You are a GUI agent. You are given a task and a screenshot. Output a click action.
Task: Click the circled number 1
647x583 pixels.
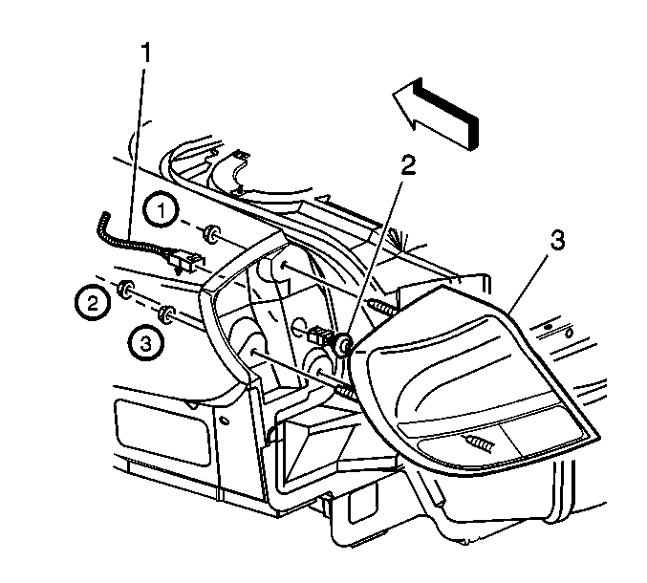point(162,210)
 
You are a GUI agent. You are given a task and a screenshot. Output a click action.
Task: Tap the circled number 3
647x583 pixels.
point(145,342)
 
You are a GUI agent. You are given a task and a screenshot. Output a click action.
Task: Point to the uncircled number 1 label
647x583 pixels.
point(145,53)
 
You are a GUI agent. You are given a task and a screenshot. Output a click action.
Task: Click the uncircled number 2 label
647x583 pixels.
point(408,166)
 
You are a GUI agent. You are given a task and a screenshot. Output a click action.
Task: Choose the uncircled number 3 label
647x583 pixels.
point(557,240)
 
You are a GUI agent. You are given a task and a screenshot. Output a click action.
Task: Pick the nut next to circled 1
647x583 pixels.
point(211,233)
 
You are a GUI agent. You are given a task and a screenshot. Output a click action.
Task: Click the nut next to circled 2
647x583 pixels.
point(125,290)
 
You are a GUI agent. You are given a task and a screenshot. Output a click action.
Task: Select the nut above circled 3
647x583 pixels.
point(167,314)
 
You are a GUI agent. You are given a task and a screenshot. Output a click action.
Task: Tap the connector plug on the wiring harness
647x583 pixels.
point(184,262)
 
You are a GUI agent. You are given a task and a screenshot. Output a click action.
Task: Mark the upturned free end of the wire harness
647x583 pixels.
point(105,218)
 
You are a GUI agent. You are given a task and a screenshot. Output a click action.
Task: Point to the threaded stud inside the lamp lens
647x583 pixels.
point(478,442)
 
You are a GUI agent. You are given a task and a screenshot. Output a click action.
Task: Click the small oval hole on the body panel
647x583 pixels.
point(226,420)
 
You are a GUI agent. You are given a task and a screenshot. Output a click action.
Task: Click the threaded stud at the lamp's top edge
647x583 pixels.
point(383,307)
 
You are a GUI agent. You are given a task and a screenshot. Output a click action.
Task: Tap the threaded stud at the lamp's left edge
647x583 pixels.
point(346,390)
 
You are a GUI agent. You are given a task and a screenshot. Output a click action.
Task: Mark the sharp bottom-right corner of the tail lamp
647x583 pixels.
point(599,435)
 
